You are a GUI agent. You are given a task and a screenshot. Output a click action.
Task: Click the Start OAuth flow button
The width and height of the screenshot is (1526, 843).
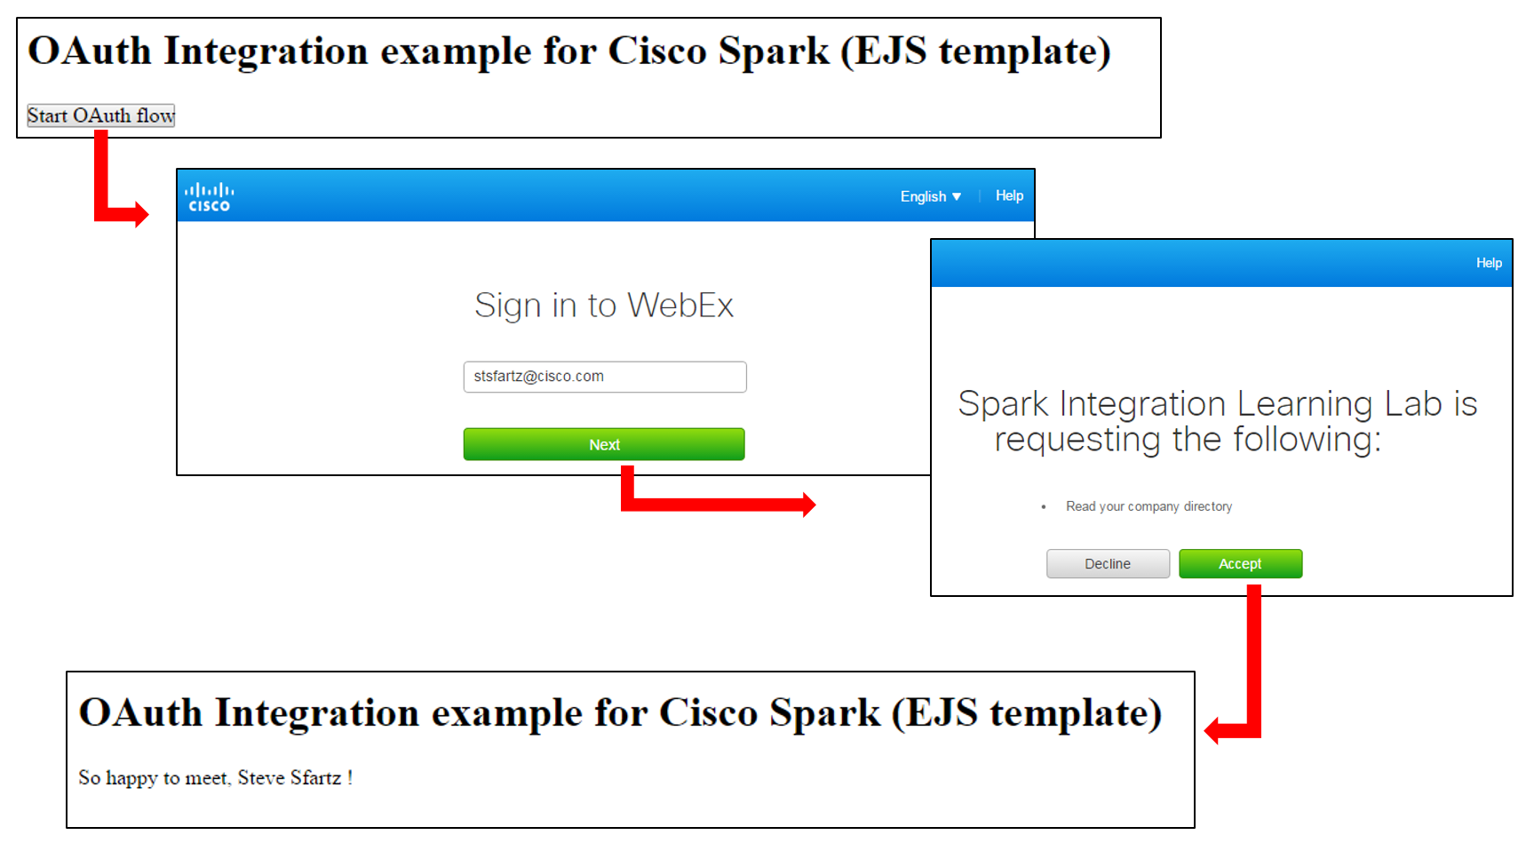tap(100, 115)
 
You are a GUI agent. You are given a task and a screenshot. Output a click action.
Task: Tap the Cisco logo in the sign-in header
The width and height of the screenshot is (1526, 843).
tap(209, 197)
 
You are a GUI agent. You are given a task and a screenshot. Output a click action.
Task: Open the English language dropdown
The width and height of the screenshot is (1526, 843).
tap(930, 196)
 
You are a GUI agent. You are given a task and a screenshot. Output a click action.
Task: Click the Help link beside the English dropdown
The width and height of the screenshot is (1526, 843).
tap(1009, 195)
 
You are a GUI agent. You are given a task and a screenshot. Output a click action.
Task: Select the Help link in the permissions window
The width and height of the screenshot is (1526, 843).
tap(1489, 263)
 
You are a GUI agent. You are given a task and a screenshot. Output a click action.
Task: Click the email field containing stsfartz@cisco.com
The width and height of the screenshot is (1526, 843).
tap(604, 377)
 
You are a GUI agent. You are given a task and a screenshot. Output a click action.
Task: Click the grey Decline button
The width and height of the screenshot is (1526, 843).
tap(1108, 564)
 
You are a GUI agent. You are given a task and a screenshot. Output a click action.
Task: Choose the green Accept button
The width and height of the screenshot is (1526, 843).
tap(1240, 564)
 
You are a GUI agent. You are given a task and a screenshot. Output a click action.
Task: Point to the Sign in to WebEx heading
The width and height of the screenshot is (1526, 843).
tap(604, 306)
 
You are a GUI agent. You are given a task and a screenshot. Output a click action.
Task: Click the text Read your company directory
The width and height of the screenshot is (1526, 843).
tap(1148, 506)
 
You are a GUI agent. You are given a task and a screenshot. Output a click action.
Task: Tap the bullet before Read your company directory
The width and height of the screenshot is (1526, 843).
tap(1044, 507)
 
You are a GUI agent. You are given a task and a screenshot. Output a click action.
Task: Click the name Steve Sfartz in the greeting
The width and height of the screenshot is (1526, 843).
tap(290, 778)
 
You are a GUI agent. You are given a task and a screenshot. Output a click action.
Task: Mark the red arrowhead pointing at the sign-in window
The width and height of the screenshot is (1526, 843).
tap(140, 214)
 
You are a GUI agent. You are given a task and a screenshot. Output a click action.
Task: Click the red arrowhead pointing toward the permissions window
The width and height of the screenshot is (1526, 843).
tap(807, 505)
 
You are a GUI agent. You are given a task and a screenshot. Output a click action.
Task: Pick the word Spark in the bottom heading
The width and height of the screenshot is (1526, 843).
tap(824, 712)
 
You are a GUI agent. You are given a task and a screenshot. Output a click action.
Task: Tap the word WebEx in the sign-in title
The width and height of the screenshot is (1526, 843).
tap(680, 306)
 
